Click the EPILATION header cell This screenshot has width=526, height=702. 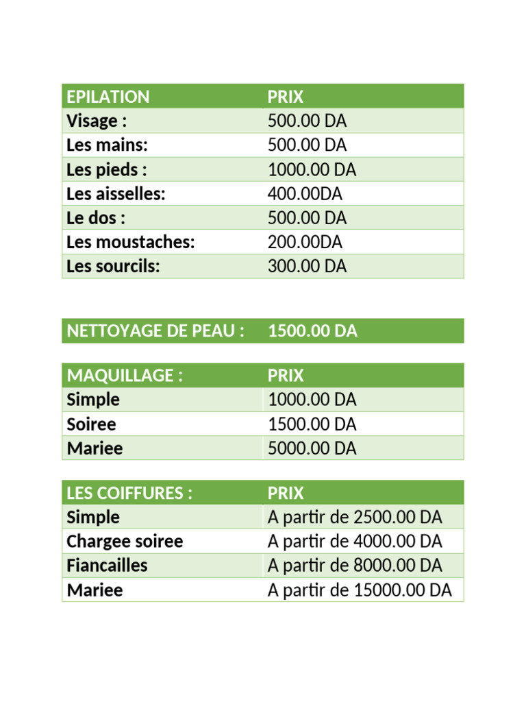[x=108, y=97]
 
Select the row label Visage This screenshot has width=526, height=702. [x=97, y=121]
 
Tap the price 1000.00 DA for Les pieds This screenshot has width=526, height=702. [x=312, y=169]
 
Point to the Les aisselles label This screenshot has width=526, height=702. [x=116, y=194]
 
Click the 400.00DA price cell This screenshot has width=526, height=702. [x=305, y=194]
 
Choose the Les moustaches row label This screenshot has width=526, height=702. [x=131, y=242]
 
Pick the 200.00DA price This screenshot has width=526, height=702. [x=305, y=242]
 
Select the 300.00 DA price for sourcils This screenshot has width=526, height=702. [x=307, y=266]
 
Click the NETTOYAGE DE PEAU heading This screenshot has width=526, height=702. [x=155, y=331]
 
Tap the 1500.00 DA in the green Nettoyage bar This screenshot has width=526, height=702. [x=312, y=331]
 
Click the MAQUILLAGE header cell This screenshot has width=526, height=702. [x=125, y=376]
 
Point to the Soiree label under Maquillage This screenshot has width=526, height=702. [x=91, y=424]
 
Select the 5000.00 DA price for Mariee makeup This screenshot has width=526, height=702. [x=312, y=448]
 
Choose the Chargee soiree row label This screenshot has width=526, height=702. [x=125, y=542]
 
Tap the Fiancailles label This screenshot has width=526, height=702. [x=107, y=566]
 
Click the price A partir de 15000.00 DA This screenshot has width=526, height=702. [x=360, y=590]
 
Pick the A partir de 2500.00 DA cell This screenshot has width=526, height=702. [x=355, y=517]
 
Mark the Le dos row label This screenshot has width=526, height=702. [x=96, y=218]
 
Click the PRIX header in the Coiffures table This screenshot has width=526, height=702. [x=285, y=493]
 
